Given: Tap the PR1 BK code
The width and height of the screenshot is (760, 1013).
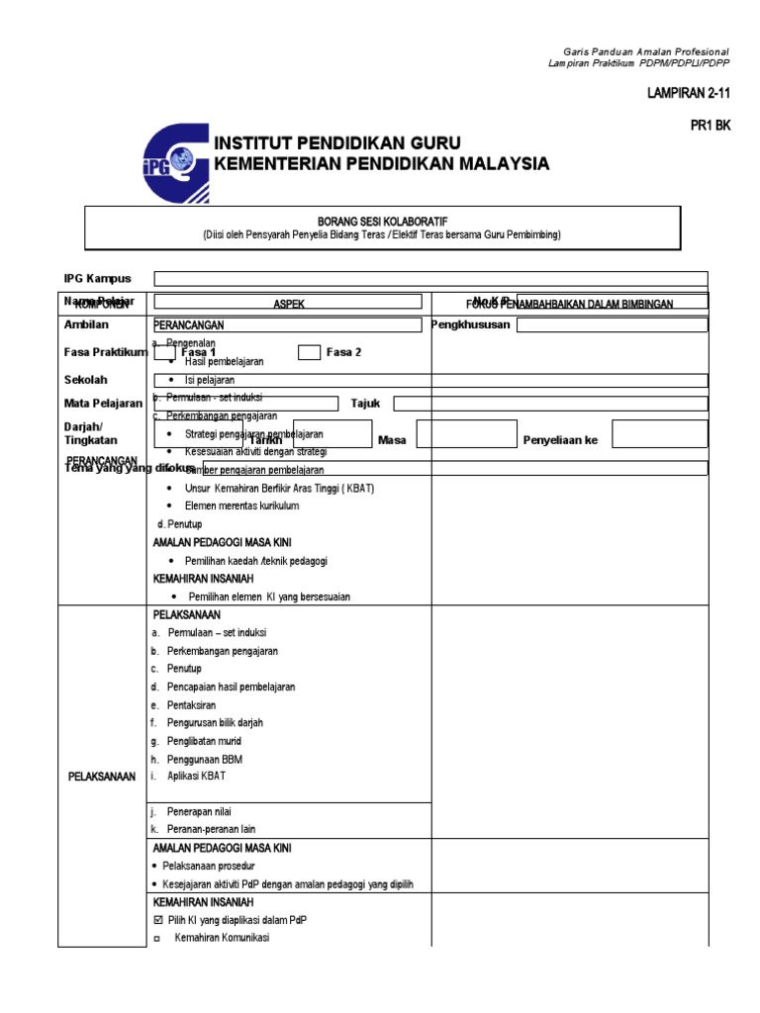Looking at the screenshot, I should coord(710,126).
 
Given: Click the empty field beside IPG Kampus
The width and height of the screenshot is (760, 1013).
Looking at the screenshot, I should coord(430,279).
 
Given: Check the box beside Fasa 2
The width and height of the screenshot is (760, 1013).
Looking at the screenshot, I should coord(309,352).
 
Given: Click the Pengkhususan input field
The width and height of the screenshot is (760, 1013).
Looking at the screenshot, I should coord(612,324).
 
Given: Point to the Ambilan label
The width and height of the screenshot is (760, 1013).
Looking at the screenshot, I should coord(86,324).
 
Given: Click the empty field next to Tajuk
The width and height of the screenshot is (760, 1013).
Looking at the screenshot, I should coord(550,403).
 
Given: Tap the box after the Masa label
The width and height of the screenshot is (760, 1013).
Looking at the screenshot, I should coord(462,434).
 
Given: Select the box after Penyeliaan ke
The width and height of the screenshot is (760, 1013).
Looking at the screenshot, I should coord(659,434).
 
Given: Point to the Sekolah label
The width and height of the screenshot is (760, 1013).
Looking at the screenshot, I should coord(86,380).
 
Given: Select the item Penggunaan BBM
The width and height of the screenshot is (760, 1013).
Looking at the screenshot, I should coord(205,759).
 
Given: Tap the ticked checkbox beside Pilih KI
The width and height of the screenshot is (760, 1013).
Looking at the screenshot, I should coord(157,920).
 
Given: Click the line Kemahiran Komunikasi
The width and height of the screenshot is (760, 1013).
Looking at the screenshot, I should coord(221,938).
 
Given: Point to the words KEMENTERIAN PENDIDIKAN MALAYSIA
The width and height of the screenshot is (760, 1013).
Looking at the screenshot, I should coord(382,163).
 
